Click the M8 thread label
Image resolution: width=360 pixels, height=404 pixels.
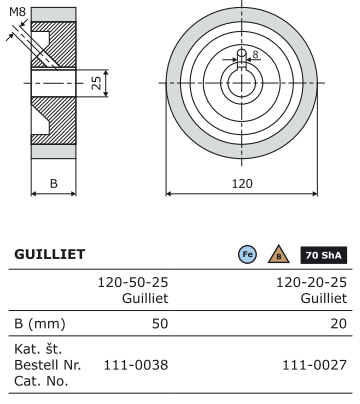click(x=17, y=12)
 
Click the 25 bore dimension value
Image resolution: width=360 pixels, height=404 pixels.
click(x=96, y=83)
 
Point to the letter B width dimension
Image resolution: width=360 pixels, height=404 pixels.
click(x=54, y=183)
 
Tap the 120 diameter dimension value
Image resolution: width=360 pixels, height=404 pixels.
click(x=242, y=184)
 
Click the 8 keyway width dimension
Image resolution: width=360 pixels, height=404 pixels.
click(x=256, y=55)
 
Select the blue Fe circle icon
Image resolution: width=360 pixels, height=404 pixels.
click(x=248, y=254)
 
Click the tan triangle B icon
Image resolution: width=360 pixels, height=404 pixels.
click(x=279, y=254)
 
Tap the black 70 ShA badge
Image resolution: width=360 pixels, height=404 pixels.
click(x=324, y=255)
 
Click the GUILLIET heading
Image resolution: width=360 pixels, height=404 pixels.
click(x=50, y=254)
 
